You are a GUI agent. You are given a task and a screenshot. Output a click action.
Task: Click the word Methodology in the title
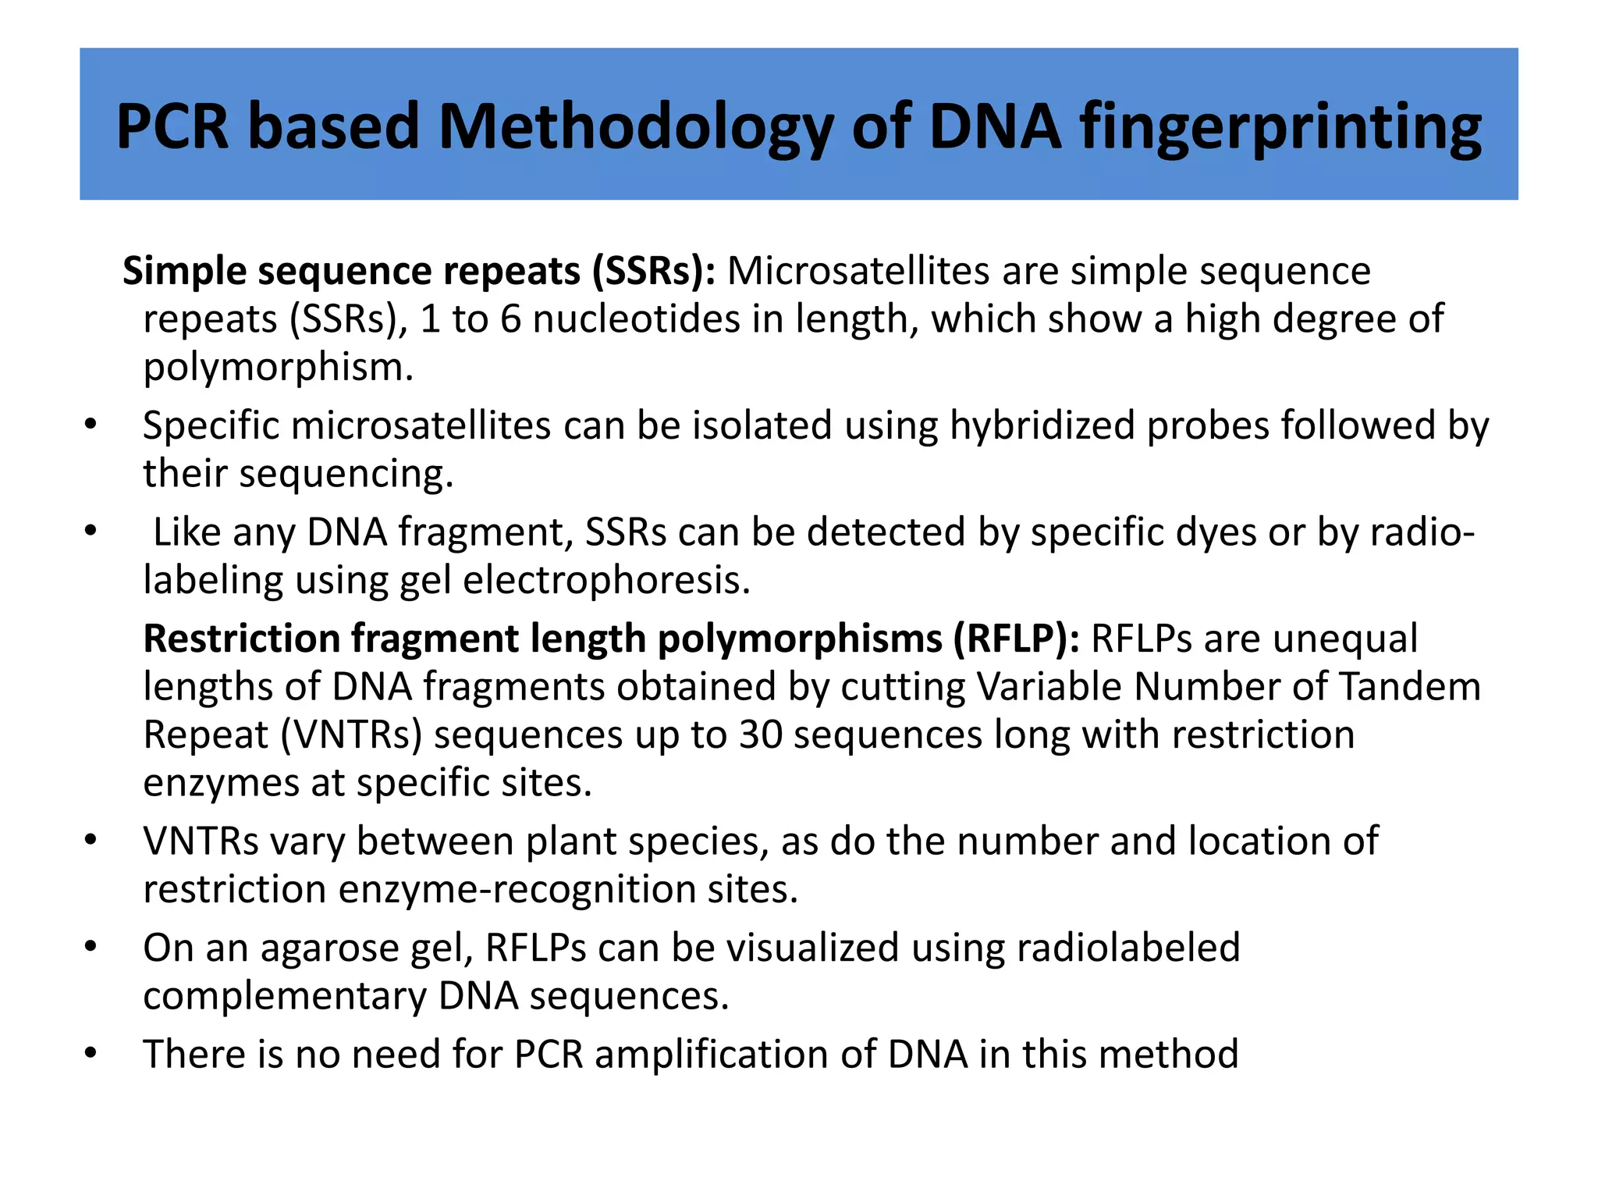pyautogui.click(x=634, y=127)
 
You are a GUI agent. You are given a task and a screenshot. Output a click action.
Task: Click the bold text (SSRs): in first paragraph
pyautogui.click(x=653, y=272)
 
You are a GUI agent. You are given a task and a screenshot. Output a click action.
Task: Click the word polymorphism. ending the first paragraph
pyautogui.click(x=278, y=368)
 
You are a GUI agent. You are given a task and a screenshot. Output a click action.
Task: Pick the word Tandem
pyautogui.click(x=1410, y=688)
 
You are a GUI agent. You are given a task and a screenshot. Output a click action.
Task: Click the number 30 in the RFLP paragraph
pyautogui.click(x=760, y=735)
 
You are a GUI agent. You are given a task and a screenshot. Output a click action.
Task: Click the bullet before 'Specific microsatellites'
pyautogui.click(x=91, y=426)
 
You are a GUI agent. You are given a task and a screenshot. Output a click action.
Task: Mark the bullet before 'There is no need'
pyautogui.click(x=91, y=1055)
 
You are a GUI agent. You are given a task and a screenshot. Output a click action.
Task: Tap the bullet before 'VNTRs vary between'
pyautogui.click(x=91, y=841)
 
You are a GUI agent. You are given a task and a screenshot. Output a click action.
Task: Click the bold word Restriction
pyautogui.click(x=240, y=639)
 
